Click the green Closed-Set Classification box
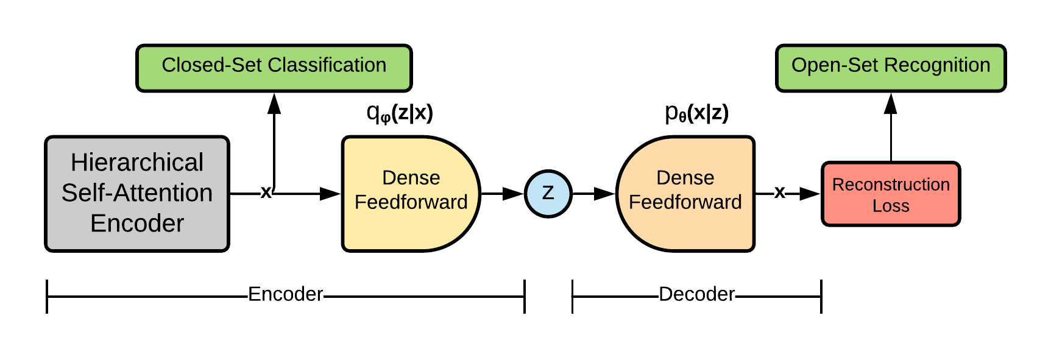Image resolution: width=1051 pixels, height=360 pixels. pos(274,68)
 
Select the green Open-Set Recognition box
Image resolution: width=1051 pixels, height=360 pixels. pos(890,68)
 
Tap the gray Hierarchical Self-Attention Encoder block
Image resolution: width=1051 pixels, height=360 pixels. pos(137,194)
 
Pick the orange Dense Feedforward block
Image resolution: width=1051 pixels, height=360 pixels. pos(685,194)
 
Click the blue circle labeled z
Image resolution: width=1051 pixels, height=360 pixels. pos(548,194)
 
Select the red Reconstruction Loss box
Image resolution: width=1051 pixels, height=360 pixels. pos(890,194)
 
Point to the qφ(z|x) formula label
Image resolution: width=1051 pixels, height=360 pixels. pos(400,113)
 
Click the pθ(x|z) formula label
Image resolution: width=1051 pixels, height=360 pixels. pos(696,113)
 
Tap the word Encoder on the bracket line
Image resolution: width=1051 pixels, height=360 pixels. pos(285,294)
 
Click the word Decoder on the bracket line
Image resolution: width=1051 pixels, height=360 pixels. pos(696,294)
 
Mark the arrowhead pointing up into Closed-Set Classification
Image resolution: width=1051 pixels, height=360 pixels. pos(274,104)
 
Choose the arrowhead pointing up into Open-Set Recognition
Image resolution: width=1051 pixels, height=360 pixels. pos(891,104)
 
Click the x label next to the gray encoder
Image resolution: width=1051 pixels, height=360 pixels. pos(266,192)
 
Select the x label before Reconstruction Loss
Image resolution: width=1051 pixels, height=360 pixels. pos(779,192)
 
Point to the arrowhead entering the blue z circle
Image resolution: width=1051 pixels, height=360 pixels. pos(513,194)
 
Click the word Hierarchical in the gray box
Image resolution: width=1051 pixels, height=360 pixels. pos(137,163)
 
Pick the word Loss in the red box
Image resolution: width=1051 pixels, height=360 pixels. pos(890,206)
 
